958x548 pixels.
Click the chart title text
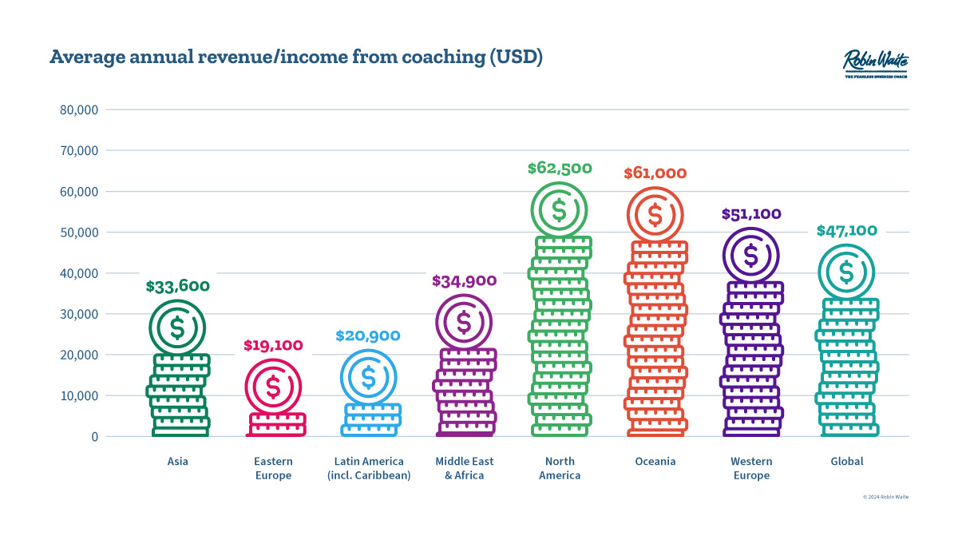(x=296, y=58)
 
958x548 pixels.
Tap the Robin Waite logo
(x=875, y=63)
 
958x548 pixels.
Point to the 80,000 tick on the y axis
(x=79, y=109)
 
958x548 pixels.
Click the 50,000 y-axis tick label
(x=79, y=232)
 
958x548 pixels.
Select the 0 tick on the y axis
(x=93, y=437)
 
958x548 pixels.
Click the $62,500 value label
(x=560, y=169)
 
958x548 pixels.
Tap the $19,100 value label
(x=273, y=346)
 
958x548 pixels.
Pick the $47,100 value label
(x=846, y=231)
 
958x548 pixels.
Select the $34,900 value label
(x=464, y=281)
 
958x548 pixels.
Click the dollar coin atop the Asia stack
(x=177, y=328)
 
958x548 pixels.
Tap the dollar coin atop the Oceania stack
(x=655, y=215)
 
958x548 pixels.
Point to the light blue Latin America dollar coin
(x=368, y=377)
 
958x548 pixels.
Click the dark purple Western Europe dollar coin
(x=750, y=256)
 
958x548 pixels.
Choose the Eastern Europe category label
(x=273, y=468)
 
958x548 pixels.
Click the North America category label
(x=560, y=468)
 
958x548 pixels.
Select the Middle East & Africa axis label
(x=464, y=468)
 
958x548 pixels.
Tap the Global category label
(x=846, y=462)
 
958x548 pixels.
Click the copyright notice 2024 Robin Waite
(x=885, y=497)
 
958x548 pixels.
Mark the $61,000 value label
(x=655, y=173)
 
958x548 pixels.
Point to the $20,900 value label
(x=368, y=336)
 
